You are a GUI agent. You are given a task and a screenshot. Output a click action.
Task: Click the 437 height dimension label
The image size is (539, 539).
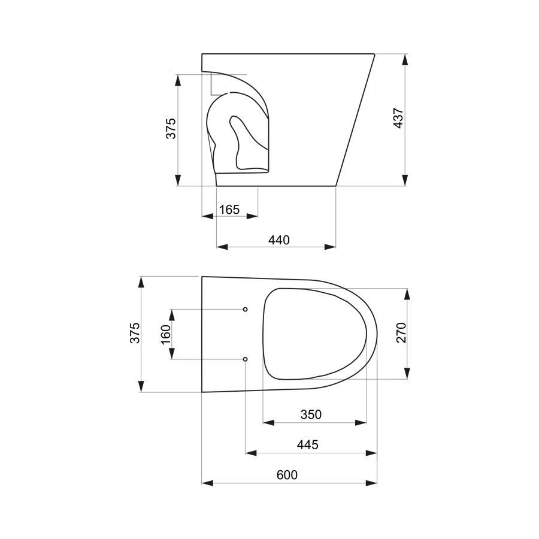click(398, 118)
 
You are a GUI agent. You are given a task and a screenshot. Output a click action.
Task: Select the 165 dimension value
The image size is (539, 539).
click(229, 210)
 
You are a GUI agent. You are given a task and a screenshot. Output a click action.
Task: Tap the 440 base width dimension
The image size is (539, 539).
click(278, 240)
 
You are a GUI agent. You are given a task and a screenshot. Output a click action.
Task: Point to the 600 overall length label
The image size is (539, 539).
click(287, 475)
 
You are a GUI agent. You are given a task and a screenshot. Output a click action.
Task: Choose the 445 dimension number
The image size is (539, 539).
click(308, 445)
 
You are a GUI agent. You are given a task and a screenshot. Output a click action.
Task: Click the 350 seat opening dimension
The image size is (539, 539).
click(311, 414)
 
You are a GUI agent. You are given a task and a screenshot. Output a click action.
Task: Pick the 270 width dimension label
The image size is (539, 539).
click(401, 333)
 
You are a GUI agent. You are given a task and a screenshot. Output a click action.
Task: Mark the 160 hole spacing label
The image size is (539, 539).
click(166, 334)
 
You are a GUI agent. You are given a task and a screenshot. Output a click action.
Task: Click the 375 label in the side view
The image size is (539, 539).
click(171, 129)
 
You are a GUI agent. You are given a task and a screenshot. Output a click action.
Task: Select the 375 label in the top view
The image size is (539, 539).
click(135, 333)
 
